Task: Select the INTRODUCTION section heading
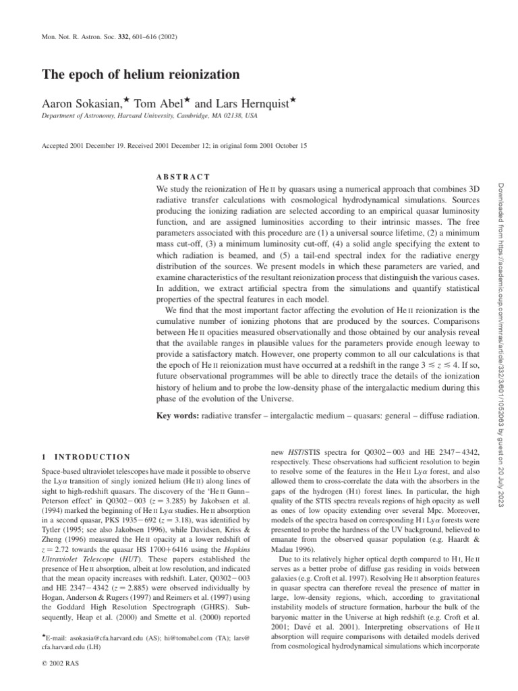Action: (92, 457)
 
